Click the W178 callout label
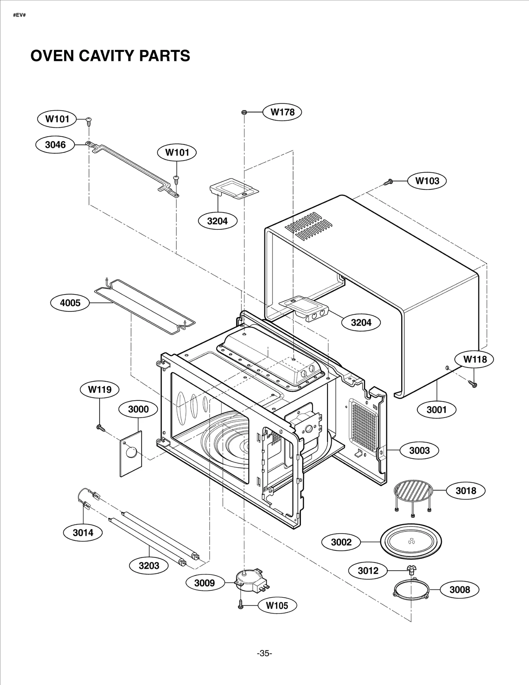tap(282, 112)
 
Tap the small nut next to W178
tap(243, 112)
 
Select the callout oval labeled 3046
tap(55, 144)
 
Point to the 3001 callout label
tap(436, 410)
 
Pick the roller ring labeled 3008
tap(412, 590)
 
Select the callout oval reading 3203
tap(149, 565)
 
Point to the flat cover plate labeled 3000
tap(131, 454)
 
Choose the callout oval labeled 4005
tap(70, 303)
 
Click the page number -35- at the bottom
tap(264, 653)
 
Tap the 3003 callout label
tap(419, 450)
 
